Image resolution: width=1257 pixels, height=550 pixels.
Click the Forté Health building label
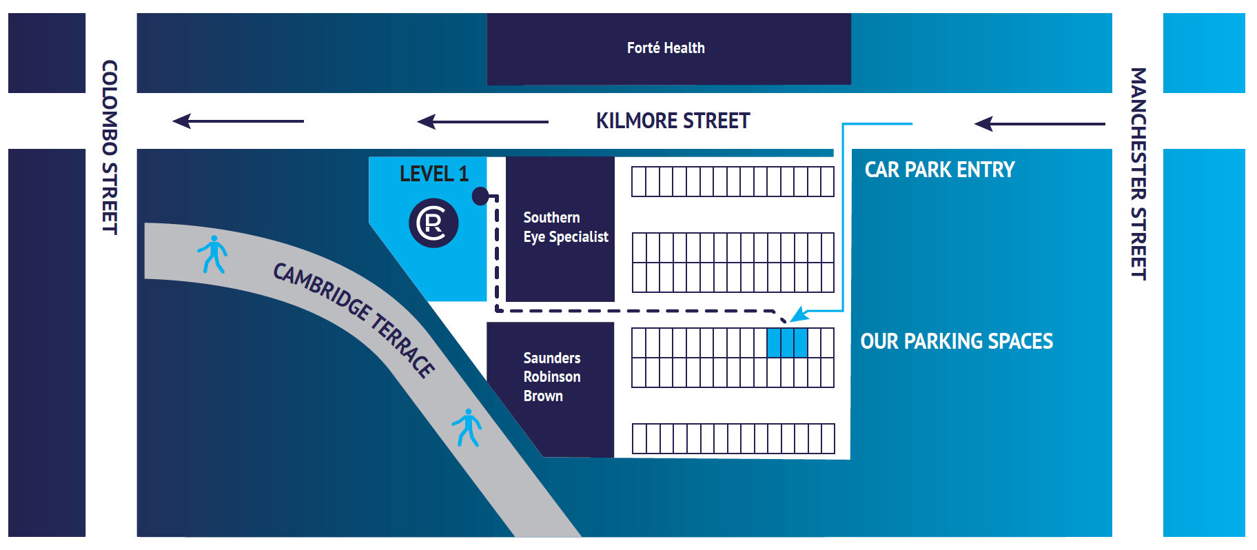click(666, 48)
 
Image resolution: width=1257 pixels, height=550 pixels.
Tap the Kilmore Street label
click(673, 121)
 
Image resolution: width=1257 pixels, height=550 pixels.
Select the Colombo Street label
click(110, 147)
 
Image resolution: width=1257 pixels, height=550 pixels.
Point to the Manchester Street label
click(1138, 173)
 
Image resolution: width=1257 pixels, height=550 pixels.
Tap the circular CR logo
click(433, 223)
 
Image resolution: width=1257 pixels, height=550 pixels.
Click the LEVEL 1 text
click(433, 174)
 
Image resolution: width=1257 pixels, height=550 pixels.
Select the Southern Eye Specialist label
click(565, 227)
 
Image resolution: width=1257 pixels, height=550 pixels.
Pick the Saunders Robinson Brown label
click(551, 377)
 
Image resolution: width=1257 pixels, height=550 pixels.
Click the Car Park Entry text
click(939, 170)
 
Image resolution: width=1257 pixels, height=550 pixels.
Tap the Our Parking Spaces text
click(957, 341)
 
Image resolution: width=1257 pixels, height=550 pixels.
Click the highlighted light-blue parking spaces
click(787, 343)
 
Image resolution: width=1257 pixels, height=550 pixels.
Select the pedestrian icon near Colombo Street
click(212, 254)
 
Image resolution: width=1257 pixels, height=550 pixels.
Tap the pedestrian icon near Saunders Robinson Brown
click(467, 427)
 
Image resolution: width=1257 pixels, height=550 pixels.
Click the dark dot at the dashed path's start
click(480, 196)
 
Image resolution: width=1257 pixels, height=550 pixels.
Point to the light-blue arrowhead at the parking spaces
click(799, 315)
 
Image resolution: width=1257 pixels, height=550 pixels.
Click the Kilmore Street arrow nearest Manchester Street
click(1039, 124)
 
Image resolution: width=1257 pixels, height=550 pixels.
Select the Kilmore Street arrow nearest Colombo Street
click(238, 121)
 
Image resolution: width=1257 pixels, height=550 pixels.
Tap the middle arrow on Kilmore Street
click(482, 122)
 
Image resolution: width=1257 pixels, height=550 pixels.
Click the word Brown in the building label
click(543, 396)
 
